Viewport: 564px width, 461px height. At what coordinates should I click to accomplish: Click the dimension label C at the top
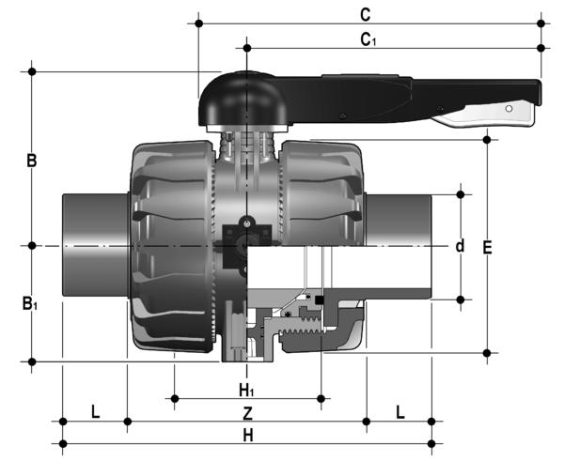pyautogui.click(x=366, y=14)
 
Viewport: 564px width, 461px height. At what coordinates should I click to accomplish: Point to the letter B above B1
pyautogui.click(x=31, y=161)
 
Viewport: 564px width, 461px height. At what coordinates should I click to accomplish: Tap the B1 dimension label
pyautogui.click(x=32, y=303)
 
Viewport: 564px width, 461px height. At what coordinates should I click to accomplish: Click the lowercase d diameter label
pyautogui.click(x=460, y=246)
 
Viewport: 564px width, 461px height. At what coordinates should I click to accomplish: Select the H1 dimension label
pyautogui.click(x=246, y=389)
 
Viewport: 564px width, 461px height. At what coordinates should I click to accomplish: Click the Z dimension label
pyautogui.click(x=246, y=413)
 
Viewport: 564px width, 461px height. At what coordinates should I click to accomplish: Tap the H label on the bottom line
pyautogui.click(x=246, y=436)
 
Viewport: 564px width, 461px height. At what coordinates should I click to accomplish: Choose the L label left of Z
pyautogui.click(x=95, y=412)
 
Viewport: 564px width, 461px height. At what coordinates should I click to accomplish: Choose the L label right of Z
pyautogui.click(x=399, y=412)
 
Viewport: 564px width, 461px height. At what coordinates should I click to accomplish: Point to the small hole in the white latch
pyautogui.click(x=510, y=112)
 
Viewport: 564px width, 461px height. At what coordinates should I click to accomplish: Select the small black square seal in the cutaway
pyautogui.click(x=321, y=300)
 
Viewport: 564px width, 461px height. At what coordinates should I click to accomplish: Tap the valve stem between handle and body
pyautogui.click(x=246, y=146)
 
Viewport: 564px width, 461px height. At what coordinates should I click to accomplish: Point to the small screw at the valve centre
pyautogui.click(x=246, y=223)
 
